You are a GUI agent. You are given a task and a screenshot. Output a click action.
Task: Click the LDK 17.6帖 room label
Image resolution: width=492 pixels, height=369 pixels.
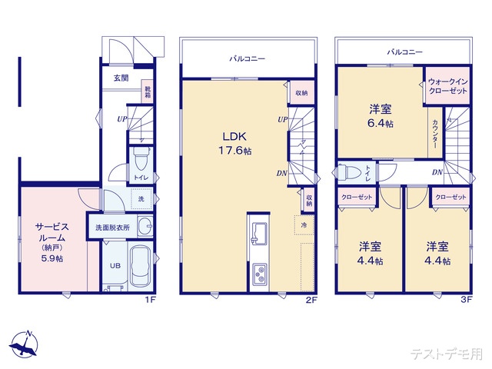point(235,144)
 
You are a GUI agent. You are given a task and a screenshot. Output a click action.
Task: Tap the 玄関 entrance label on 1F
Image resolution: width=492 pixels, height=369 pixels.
point(121,78)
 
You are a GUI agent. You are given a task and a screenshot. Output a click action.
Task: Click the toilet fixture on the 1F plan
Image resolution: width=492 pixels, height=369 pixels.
point(138,159)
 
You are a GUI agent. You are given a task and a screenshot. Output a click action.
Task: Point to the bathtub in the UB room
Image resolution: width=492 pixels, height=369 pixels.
point(141,266)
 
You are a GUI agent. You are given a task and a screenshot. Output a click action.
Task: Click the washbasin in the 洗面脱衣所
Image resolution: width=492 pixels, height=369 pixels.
point(145,226)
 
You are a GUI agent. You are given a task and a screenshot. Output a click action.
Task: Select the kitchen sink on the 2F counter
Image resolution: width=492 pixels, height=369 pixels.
point(259,233)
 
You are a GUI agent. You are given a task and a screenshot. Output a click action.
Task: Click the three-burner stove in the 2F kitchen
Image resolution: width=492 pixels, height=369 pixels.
point(260,274)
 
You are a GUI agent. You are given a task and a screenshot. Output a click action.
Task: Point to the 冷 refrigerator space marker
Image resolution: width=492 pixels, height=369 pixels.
point(304,225)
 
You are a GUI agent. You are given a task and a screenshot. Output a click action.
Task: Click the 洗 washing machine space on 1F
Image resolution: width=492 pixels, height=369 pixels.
point(141,198)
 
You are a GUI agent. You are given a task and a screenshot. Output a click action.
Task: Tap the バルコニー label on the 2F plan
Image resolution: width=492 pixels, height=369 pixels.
point(248,58)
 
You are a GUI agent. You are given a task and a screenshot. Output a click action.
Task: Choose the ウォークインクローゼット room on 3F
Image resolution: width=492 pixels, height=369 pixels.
point(447,85)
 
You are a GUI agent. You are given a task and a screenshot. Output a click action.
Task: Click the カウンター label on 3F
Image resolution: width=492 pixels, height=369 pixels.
point(435,134)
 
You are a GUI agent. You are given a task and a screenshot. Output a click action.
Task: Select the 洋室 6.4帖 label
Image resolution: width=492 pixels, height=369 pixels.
point(381,116)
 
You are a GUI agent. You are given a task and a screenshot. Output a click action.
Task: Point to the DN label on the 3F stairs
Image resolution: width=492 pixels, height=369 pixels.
point(437,172)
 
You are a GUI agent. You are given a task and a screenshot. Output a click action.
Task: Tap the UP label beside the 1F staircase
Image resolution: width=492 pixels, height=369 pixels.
point(122,119)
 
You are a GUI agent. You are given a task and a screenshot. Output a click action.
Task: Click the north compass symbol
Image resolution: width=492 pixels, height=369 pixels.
point(24,344)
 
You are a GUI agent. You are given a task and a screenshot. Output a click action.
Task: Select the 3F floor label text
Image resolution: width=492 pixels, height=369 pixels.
point(467,299)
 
